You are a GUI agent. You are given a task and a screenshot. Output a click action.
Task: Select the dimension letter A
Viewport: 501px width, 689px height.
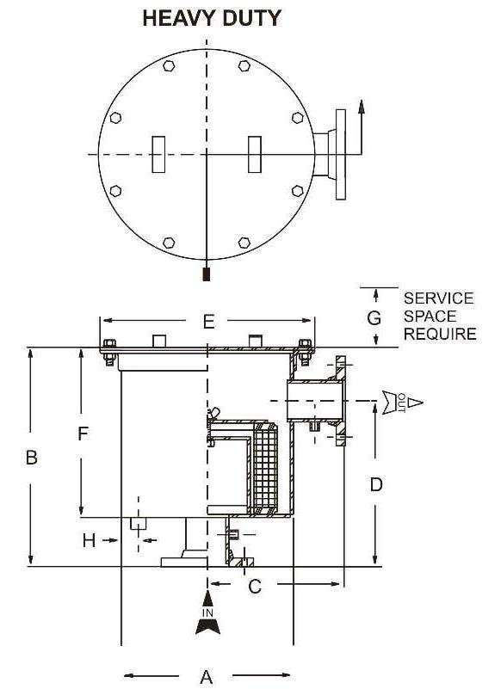click(207, 676)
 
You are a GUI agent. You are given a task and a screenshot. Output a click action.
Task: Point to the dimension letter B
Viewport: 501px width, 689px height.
click(31, 458)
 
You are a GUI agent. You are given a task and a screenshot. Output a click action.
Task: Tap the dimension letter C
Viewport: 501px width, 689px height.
click(255, 587)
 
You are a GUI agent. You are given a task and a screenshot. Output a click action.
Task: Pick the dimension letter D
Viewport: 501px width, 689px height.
click(375, 484)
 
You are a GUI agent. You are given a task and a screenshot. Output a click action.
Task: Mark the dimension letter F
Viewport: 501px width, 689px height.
click(83, 434)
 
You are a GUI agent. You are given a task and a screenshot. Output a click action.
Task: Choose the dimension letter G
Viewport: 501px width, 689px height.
click(374, 317)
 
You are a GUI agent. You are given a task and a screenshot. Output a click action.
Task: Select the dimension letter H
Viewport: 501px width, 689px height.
click(88, 540)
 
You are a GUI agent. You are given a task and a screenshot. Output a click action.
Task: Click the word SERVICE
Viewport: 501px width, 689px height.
click(438, 298)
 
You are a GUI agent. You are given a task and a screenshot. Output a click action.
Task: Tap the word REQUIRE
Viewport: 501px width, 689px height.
click(440, 334)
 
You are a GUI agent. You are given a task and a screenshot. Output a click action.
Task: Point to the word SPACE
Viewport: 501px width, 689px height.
click(430, 316)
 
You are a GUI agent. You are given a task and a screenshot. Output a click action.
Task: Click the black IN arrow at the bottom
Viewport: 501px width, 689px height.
click(207, 615)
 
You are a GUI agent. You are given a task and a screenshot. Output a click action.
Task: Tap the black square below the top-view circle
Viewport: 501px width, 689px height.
click(206, 275)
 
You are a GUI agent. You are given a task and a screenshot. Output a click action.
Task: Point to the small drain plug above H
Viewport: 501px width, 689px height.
click(137, 523)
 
